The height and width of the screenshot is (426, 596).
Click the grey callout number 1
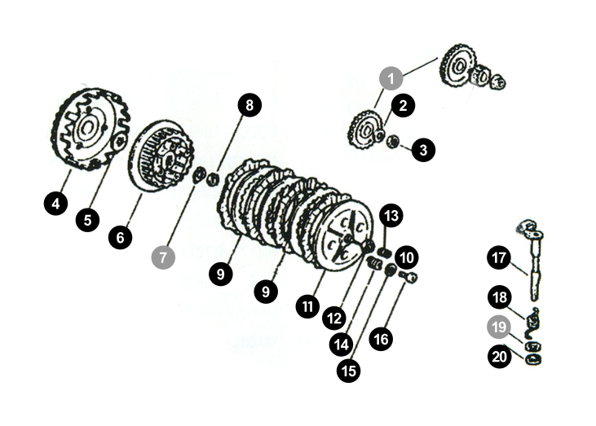tap(391, 78)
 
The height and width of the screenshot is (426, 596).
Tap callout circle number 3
tap(423, 150)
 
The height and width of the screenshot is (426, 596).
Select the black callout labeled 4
tap(56, 204)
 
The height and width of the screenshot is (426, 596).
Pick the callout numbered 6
tap(120, 238)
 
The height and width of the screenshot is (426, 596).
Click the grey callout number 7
tap(163, 257)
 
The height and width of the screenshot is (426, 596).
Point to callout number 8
tap(249, 105)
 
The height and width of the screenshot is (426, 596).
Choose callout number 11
tap(307, 306)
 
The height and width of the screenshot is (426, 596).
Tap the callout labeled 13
tap(391, 216)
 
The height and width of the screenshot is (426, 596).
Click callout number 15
tap(349, 371)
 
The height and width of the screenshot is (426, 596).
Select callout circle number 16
tap(381, 339)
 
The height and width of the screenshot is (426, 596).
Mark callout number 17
tap(499, 258)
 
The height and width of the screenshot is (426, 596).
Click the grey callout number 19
tap(499, 327)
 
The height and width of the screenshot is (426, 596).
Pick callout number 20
tap(499, 357)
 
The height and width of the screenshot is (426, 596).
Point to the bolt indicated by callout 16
tap(408, 276)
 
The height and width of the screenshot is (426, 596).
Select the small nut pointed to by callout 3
tap(393, 142)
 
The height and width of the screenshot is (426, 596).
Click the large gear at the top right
tap(457, 68)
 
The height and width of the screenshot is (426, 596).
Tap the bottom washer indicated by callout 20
tap(533, 358)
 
